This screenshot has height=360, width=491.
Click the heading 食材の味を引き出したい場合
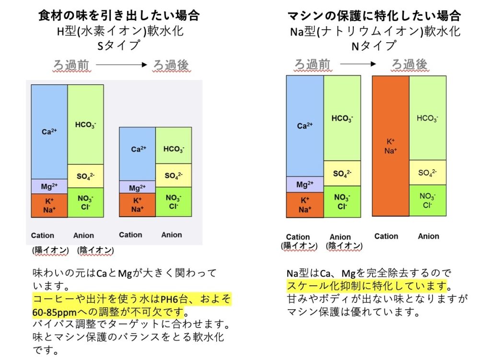[x=119, y=16]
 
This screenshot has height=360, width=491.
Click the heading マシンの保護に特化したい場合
[x=374, y=16]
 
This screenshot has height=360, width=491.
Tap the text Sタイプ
[x=119, y=46]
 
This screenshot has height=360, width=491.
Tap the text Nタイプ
[x=374, y=46]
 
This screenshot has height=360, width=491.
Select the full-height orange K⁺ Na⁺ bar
[x=390, y=147]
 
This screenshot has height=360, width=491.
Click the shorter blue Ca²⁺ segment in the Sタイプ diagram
[x=137, y=154]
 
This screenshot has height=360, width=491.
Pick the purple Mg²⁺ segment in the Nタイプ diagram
[x=305, y=185]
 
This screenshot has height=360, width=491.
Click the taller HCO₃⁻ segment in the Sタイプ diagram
[x=86, y=125]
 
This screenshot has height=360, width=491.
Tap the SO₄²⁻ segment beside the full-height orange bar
[x=427, y=173]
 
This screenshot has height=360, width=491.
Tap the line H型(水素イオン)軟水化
[x=119, y=31]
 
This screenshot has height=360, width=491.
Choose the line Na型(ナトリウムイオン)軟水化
[x=374, y=31]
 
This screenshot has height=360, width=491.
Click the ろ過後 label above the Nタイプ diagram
[x=410, y=64]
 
